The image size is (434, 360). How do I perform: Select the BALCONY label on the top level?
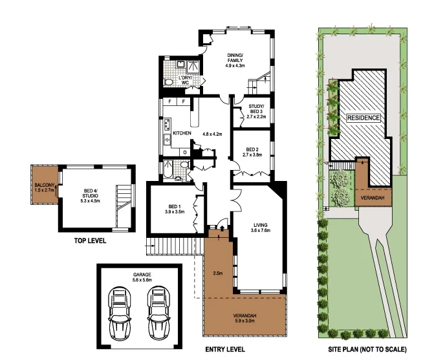pyautogui.click(x=45, y=189)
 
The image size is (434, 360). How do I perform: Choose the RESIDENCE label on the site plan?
pyautogui.click(x=364, y=118)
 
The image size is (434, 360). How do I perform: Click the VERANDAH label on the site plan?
pyautogui.click(x=376, y=197)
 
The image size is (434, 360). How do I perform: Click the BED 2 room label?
pyautogui.click(x=252, y=152)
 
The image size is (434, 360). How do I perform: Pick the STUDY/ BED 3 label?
pyautogui.click(x=255, y=112)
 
